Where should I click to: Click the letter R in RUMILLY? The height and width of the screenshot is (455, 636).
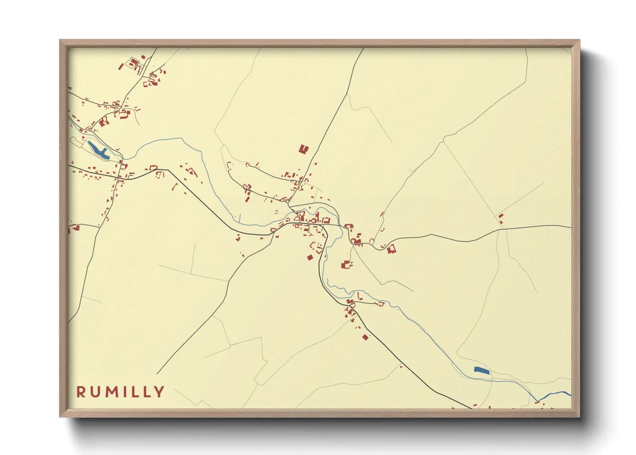pyautogui.click(x=81, y=392)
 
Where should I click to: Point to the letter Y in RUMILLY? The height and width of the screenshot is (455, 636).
pyautogui.click(x=159, y=392)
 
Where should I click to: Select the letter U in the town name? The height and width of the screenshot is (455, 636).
pyautogui.click(x=96, y=392)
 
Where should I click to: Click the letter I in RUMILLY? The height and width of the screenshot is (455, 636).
pyautogui.click(x=127, y=392)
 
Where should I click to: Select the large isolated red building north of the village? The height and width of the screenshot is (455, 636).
pyautogui.click(x=303, y=149)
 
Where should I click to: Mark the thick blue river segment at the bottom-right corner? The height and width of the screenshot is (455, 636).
pyautogui.click(x=559, y=393)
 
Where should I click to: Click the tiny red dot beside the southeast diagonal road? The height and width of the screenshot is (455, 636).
pyautogui.click(x=401, y=366)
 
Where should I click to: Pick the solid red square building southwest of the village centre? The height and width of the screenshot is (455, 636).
pyautogui.click(x=310, y=257)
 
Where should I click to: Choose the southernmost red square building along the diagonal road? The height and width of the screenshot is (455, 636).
pyautogui.click(x=365, y=337)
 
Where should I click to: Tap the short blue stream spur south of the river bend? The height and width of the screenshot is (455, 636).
pyautogui.click(x=239, y=218)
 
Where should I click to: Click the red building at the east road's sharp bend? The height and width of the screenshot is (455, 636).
pyautogui.click(x=391, y=249)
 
